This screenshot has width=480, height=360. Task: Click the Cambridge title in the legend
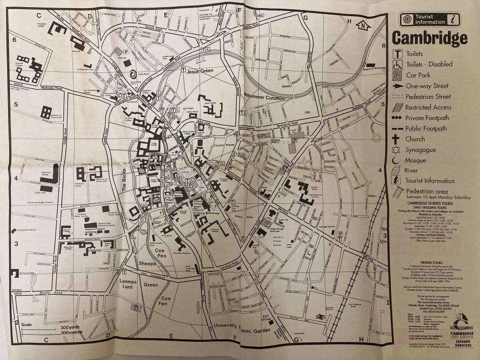pyautogui.click(x=429, y=38)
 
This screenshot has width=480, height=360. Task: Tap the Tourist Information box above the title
pyautogui.click(x=429, y=20)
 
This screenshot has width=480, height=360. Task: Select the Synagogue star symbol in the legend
pyautogui.click(x=395, y=150)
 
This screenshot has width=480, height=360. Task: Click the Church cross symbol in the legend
pyautogui.click(x=395, y=139)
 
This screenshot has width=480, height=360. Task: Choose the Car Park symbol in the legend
pyautogui.click(x=395, y=75)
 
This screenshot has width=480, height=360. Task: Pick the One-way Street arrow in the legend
pyautogui.click(x=395, y=86)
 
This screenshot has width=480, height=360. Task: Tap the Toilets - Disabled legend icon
pyautogui.click(x=395, y=64)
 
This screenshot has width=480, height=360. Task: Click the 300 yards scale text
pyautogui.click(x=70, y=328)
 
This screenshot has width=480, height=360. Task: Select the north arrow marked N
pyautogui.click(x=364, y=25)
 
